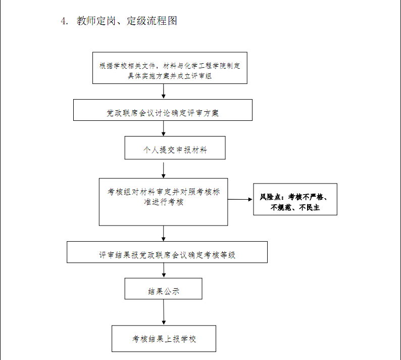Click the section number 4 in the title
click(x=64, y=21)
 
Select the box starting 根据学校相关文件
click(x=170, y=68)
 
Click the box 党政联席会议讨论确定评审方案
click(x=163, y=110)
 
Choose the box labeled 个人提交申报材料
click(x=175, y=148)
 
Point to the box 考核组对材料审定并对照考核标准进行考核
click(x=164, y=202)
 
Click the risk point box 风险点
click(x=295, y=199)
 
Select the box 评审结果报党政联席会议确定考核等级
click(x=167, y=252)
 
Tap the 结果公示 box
click(x=164, y=289)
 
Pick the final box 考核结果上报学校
click(x=164, y=338)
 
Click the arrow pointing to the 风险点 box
click(x=240, y=199)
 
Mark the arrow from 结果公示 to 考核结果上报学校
click(x=164, y=312)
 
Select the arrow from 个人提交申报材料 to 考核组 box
click(x=164, y=169)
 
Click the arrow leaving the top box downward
click(x=164, y=92)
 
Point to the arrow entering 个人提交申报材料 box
click(x=164, y=128)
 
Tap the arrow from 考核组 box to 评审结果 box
click(x=164, y=234)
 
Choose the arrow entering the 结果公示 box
click(x=164, y=271)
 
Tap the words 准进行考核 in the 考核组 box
click(x=164, y=202)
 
